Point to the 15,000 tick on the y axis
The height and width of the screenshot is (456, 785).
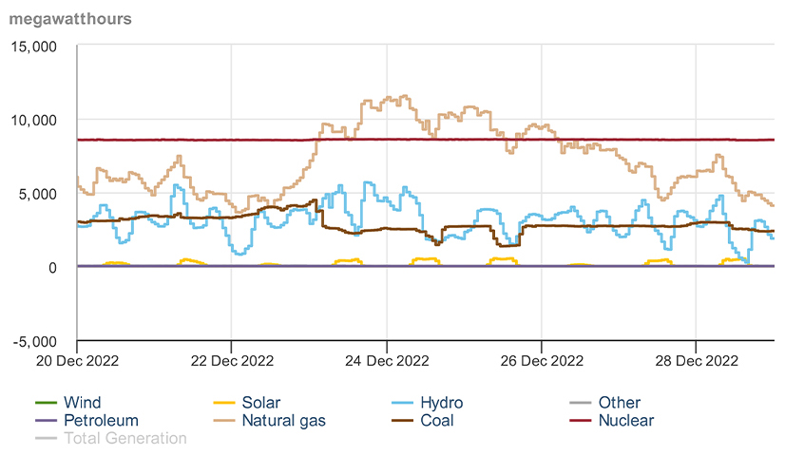[x=35, y=46]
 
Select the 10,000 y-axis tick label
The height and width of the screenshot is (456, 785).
[x=35, y=120]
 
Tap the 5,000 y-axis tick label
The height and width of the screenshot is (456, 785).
[x=39, y=193]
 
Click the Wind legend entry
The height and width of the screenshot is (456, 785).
[x=82, y=403]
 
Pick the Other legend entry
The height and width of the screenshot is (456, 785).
[x=619, y=403]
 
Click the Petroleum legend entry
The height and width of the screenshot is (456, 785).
[x=101, y=420]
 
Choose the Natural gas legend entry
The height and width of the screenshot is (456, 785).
[x=282, y=420]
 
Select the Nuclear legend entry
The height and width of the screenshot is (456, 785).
[x=625, y=420]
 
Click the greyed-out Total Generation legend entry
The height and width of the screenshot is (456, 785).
[x=124, y=438]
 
